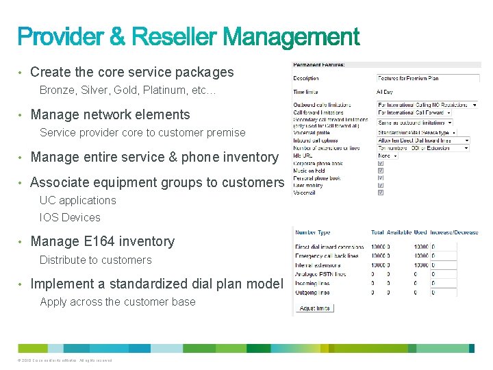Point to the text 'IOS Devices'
tap(70, 217)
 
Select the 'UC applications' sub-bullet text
tap(78, 200)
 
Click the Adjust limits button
tap(315, 308)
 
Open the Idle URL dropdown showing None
tap(388, 156)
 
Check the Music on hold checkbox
tap(381, 171)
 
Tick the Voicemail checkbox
tap(381, 193)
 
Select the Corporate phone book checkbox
tap(381, 164)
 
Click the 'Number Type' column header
tap(313, 232)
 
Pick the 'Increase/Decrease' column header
tap(455, 232)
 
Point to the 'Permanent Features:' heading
tap(319, 65)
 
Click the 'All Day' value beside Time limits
tap(385, 90)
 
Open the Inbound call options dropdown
tap(424, 140)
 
